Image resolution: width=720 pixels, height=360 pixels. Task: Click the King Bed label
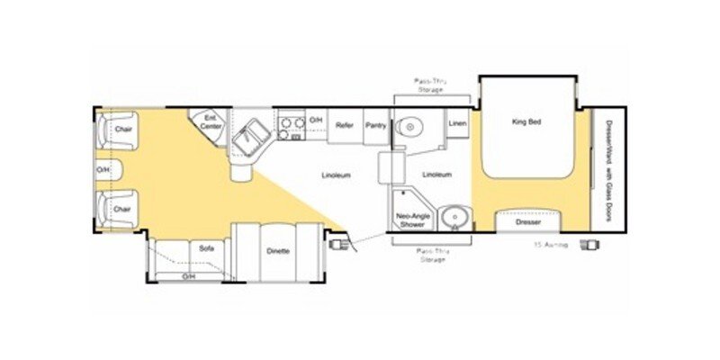[x=525, y=121]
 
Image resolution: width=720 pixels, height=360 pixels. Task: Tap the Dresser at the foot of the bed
[x=527, y=221]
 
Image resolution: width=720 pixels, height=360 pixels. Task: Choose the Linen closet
[x=457, y=121]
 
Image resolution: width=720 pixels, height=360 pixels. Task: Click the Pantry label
[x=375, y=126]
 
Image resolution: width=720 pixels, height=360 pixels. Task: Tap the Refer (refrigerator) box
[x=344, y=126]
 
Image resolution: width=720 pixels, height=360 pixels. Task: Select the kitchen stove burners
[x=291, y=128]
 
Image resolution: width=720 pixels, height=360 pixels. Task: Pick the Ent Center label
[x=211, y=121]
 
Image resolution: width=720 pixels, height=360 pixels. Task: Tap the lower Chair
[x=121, y=209]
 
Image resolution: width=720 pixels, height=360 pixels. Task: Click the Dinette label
[x=277, y=250]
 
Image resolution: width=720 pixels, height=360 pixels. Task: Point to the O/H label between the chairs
[x=103, y=169]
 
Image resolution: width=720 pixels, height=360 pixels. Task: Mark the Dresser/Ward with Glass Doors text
[x=609, y=167]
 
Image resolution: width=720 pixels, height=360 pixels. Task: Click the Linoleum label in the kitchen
[x=336, y=175]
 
